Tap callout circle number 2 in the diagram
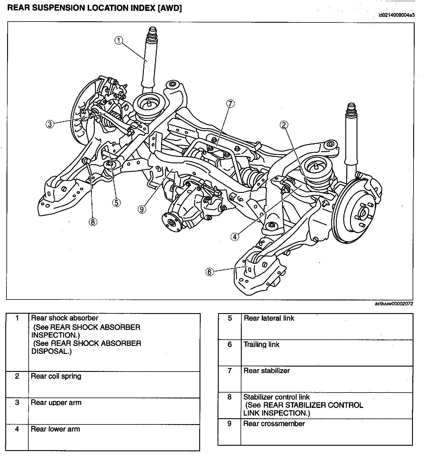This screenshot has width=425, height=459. (x=284, y=125)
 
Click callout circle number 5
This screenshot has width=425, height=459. (x=116, y=202)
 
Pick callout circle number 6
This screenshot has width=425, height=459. (x=209, y=272)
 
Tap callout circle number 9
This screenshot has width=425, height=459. (x=142, y=209)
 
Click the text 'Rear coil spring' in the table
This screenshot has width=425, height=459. (x=56, y=376)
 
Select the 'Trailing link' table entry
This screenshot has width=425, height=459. (x=261, y=344)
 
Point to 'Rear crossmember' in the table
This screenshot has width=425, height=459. (x=274, y=424)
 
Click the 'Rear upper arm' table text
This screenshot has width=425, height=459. (x=56, y=403)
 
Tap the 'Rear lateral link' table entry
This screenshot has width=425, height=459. (x=269, y=318)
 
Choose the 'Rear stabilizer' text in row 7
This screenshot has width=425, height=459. (x=267, y=371)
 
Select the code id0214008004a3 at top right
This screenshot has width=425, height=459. (x=396, y=15)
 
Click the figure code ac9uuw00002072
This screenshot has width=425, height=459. (x=394, y=304)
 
